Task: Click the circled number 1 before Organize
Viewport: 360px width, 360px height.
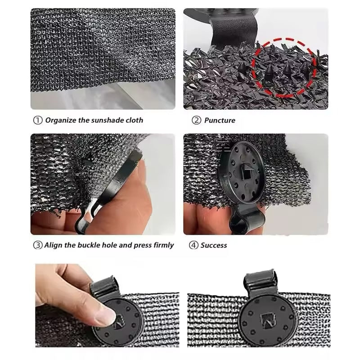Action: click(38, 120)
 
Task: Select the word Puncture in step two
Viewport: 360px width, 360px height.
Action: click(220, 120)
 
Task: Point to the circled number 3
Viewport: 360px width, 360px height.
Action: click(38, 245)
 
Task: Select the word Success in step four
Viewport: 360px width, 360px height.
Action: click(214, 245)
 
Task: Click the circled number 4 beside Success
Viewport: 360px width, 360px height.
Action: click(193, 245)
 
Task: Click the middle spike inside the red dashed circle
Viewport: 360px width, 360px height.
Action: click(286, 70)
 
